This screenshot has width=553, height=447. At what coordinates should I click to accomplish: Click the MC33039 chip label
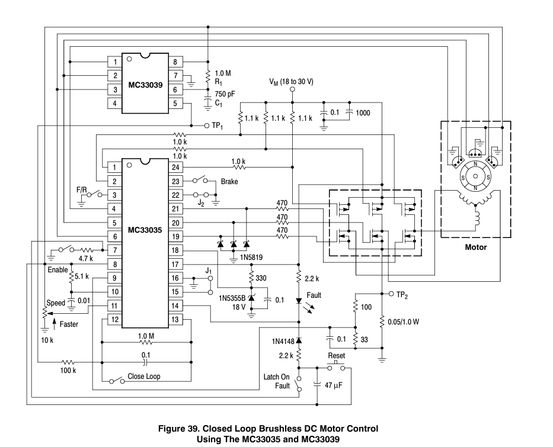click(x=146, y=83)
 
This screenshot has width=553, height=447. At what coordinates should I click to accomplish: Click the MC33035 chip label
click(x=146, y=229)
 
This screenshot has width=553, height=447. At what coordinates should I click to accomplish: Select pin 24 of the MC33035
click(x=175, y=167)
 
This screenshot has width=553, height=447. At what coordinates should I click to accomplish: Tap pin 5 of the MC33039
click(x=175, y=104)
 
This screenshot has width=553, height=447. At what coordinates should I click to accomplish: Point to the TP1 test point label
click(x=217, y=126)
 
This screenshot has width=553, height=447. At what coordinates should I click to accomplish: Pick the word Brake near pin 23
click(x=229, y=182)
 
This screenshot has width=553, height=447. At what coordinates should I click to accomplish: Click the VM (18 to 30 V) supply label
click(x=291, y=81)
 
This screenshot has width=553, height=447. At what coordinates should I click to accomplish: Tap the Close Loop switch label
click(x=144, y=376)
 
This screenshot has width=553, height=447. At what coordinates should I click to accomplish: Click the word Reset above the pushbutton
click(x=337, y=355)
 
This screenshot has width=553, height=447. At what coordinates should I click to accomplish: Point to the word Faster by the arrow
click(x=69, y=324)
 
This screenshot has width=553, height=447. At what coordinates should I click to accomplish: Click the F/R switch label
click(x=82, y=190)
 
